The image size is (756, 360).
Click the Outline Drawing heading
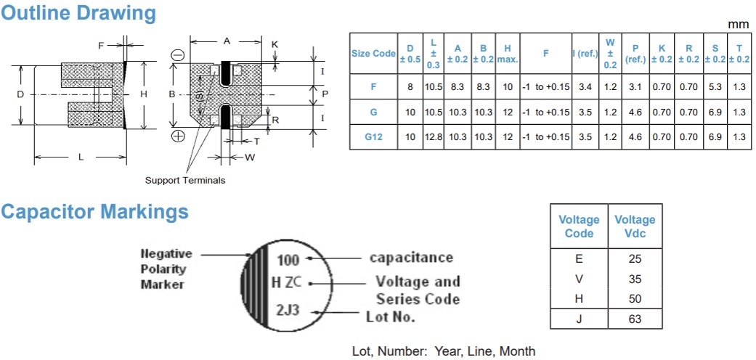78,13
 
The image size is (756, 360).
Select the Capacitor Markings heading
94,212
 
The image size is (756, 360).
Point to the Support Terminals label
185,180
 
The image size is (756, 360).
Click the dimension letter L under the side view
81,156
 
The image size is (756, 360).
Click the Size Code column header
373,53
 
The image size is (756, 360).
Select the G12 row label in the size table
373,137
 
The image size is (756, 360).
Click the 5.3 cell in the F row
715,87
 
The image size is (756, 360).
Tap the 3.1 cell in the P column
636,87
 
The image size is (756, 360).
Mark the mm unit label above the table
738,25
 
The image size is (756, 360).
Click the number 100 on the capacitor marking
288,258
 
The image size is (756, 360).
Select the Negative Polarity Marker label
166,269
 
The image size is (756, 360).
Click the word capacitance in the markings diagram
411,258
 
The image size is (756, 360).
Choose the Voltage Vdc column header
634,226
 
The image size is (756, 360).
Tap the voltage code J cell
579,319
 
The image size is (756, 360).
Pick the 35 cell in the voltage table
634,278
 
